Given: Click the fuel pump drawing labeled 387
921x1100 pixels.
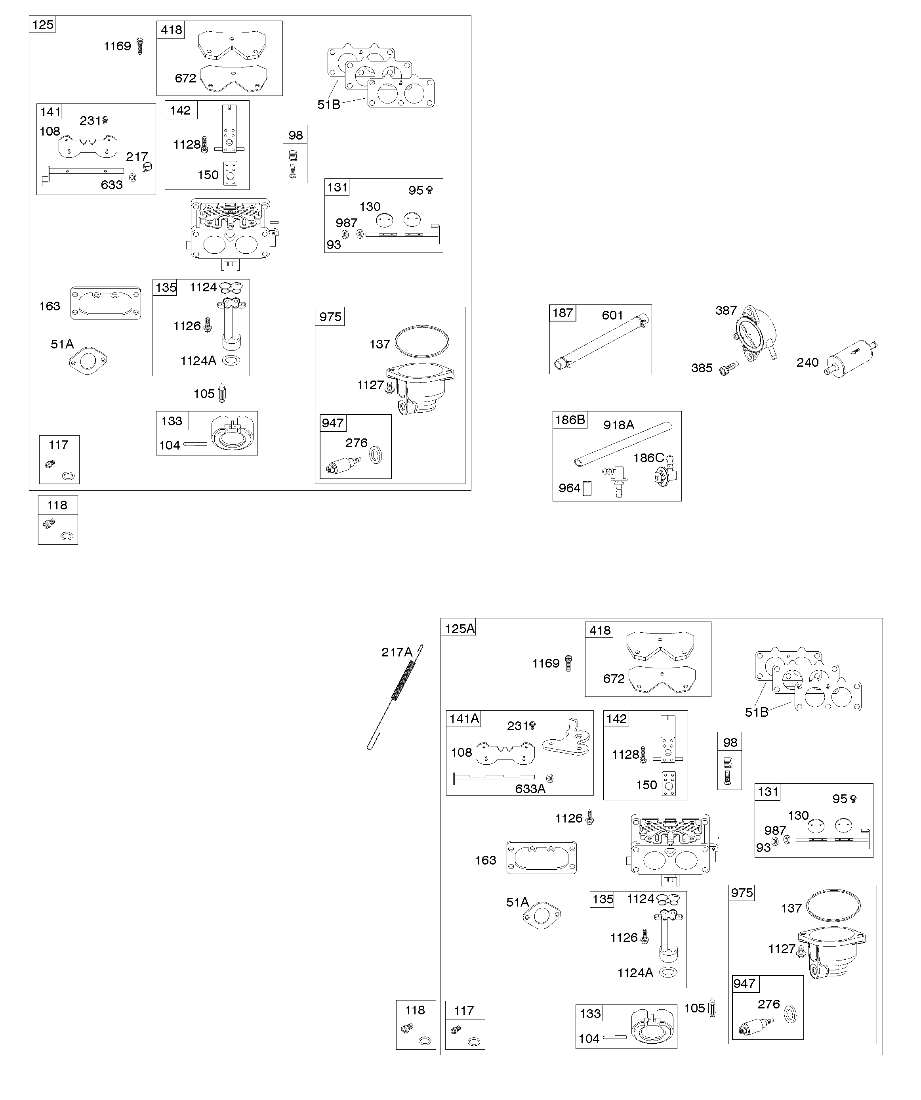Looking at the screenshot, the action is pos(755,334).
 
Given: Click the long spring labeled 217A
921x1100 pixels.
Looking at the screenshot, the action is pos(395,697).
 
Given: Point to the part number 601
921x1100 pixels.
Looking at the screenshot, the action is pos(612,316).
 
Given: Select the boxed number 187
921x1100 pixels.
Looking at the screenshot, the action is pos(563,313).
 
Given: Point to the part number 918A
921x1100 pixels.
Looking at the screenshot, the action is pos(618,425).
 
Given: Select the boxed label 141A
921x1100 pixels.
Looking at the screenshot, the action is pos(464,719).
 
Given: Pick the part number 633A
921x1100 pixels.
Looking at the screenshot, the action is pos(530,789).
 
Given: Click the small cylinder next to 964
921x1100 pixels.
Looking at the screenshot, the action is pos(587,489).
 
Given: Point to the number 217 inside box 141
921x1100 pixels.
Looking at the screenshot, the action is pos(137,157).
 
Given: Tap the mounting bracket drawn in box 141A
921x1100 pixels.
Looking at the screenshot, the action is pos(566,736).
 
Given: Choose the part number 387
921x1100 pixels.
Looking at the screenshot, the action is pos(726,311).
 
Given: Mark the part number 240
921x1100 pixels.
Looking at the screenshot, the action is pos(807,362).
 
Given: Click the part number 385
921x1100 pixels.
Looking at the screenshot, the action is pos(702,368).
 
